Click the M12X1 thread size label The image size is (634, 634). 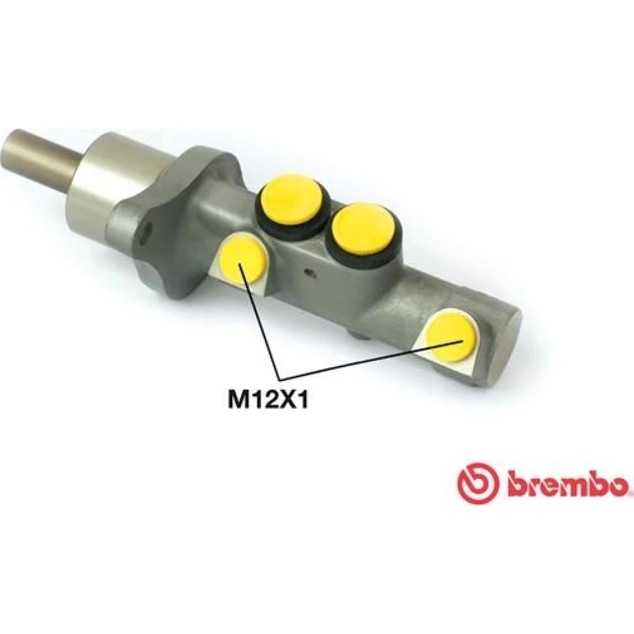click(x=268, y=400)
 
